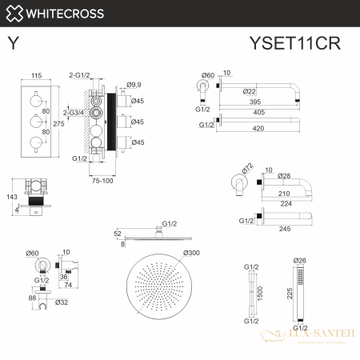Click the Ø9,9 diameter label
(134, 82)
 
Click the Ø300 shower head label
(192, 254)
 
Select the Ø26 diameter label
(301, 260)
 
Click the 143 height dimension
(11, 196)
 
